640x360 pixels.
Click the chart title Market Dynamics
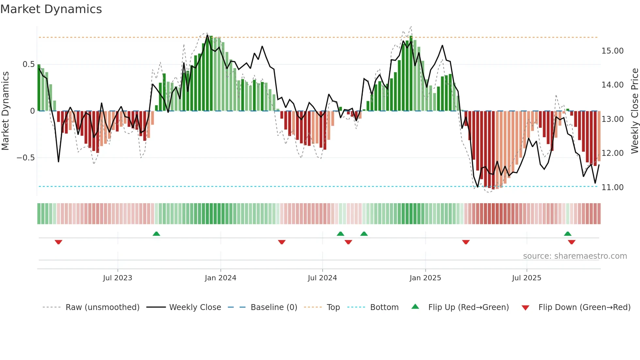point(51,9)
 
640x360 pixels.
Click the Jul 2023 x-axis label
point(118,278)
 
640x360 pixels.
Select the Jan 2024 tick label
point(220,278)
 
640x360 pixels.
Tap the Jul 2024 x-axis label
point(322,278)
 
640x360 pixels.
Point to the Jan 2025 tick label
point(425,278)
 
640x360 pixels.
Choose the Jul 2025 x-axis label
point(526,278)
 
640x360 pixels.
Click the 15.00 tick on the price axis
point(612,51)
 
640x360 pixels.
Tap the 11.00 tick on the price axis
point(612,188)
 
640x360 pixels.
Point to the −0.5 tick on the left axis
point(25,158)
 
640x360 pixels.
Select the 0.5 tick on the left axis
point(28,64)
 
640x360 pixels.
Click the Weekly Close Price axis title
point(634,111)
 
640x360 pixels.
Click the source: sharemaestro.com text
point(575,256)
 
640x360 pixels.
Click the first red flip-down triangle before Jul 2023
point(58,242)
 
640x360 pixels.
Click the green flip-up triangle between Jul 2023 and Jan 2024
point(156,234)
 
